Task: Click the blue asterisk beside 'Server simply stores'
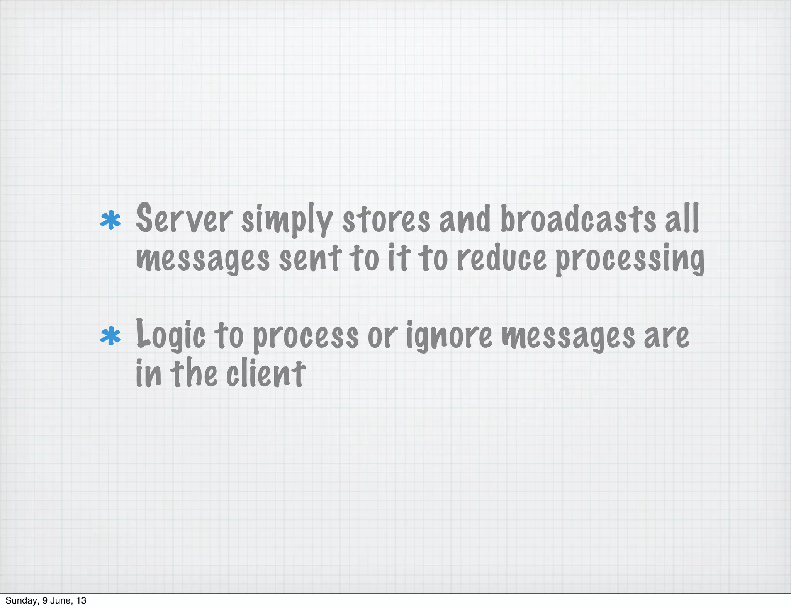click(110, 220)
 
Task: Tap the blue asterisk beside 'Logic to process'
click(110, 336)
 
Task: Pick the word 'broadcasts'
click(578, 219)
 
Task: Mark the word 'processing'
click(630, 260)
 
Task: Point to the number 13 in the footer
click(81, 600)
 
